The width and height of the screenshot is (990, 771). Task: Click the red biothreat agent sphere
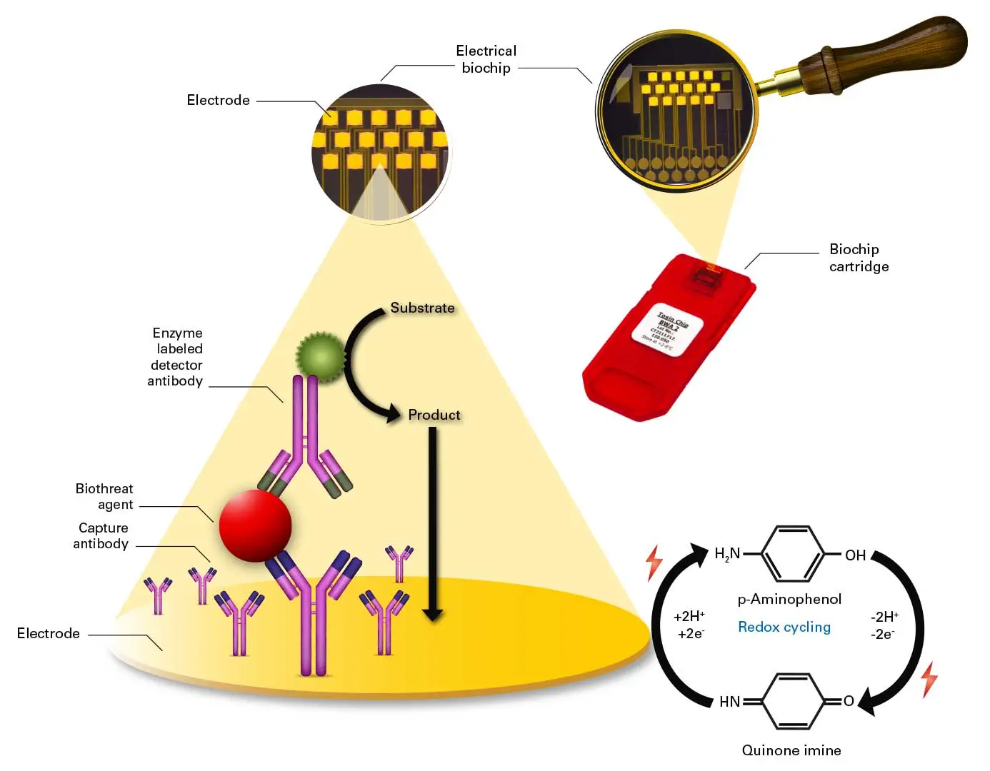[x=255, y=525]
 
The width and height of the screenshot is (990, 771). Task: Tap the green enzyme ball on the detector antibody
[x=320, y=356]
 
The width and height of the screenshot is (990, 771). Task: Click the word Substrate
[x=422, y=308]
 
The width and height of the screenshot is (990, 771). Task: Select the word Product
[x=434, y=415]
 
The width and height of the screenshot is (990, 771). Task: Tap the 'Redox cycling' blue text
[x=784, y=627]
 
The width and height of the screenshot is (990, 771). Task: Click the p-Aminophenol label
[x=789, y=599]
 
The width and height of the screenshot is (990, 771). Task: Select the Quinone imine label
[x=791, y=750]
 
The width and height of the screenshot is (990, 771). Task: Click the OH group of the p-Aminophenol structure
[x=855, y=555]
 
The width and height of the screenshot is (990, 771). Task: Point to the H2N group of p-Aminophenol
[x=727, y=554]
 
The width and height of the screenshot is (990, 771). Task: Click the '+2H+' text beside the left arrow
[x=689, y=616]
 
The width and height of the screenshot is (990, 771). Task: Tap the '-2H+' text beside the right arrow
[x=884, y=617]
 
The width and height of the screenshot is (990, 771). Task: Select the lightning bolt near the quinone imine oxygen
[x=929, y=679]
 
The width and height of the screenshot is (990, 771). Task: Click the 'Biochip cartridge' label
[x=859, y=258]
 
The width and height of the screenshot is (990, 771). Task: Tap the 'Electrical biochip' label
[x=486, y=59]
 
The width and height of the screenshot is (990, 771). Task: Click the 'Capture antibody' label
[x=101, y=535]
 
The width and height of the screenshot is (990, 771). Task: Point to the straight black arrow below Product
[x=432, y=521]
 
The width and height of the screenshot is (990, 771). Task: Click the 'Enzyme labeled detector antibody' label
[x=176, y=357]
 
